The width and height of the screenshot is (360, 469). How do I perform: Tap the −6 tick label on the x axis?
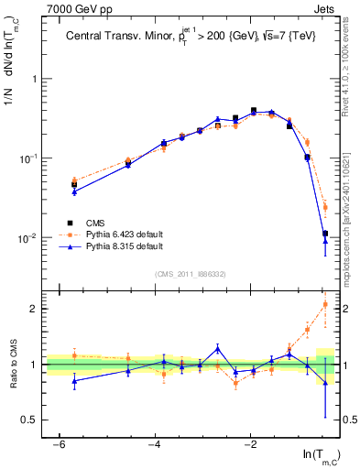(58, 444)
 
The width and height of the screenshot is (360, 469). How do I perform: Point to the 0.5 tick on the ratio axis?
(32, 420)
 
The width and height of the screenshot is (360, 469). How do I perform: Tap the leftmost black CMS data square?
(74, 185)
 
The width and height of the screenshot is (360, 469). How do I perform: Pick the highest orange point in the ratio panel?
(325, 304)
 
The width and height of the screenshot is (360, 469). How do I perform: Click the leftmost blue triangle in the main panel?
(74, 191)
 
